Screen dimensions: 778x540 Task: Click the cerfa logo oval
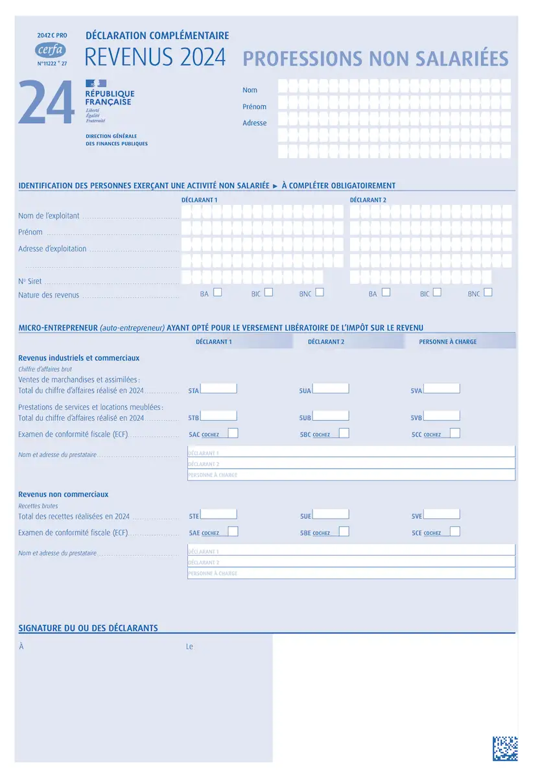(51, 49)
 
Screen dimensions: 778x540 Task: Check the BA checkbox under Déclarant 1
(218, 292)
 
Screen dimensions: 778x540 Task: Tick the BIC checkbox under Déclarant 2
(437, 292)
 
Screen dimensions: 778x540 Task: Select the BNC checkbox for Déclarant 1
(320, 292)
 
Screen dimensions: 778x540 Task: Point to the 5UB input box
(331, 416)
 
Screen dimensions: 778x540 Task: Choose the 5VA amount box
(441, 389)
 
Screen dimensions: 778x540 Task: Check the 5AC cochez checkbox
(233, 433)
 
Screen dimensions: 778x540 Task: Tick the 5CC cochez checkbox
(455, 433)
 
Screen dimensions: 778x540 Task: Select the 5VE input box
(441, 515)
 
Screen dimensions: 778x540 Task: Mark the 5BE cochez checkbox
(344, 532)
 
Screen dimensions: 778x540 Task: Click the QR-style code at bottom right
(505, 748)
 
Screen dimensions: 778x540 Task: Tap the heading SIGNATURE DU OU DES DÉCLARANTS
(88, 628)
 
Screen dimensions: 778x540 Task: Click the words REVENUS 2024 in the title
(156, 58)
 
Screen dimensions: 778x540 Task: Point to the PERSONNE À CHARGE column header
(447, 342)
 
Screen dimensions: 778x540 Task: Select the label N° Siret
(30, 281)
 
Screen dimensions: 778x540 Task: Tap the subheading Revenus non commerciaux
(64, 494)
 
